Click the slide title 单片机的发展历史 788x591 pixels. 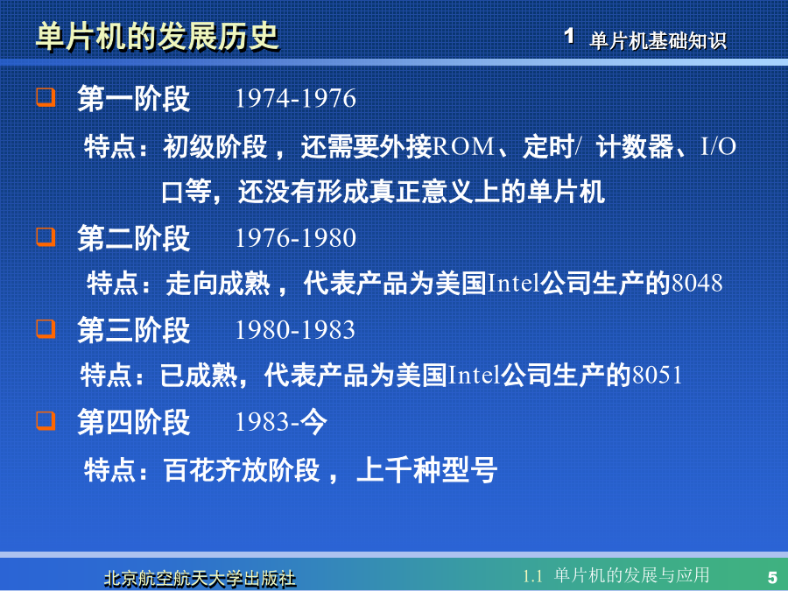pyautogui.click(x=158, y=37)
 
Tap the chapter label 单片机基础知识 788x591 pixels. pyautogui.click(x=658, y=40)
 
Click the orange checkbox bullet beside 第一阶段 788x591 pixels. pyautogui.click(x=46, y=96)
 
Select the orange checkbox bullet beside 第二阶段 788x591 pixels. pyautogui.click(x=46, y=236)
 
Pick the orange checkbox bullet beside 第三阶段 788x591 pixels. pyautogui.click(x=46, y=328)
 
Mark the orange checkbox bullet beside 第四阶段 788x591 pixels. pyautogui.click(x=46, y=420)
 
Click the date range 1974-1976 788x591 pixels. pyautogui.click(x=296, y=98)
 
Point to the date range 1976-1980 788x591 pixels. pyautogui.click(x=296, y=237)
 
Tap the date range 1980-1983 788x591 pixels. pyautogui.click(x=296, y=330)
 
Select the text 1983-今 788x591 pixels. pyautogui.click(x=281, y=422)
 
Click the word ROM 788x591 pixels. pyautogui.click(x=463, y=147)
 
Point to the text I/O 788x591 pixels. pyautogui.click(x=719, y=147)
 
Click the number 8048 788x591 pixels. pyautogui.click(x=698, y=283)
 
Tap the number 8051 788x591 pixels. pyautogui.click(x=658, y=375)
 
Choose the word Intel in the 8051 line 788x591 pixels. pyautogui.click(x=474, y=375)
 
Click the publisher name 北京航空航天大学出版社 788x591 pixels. pyautogui.click(x=200, y=579)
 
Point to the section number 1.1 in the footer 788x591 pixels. pyautogui.click(x=532, y=576)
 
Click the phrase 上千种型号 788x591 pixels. pyautogui.click(x=426, y=470)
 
